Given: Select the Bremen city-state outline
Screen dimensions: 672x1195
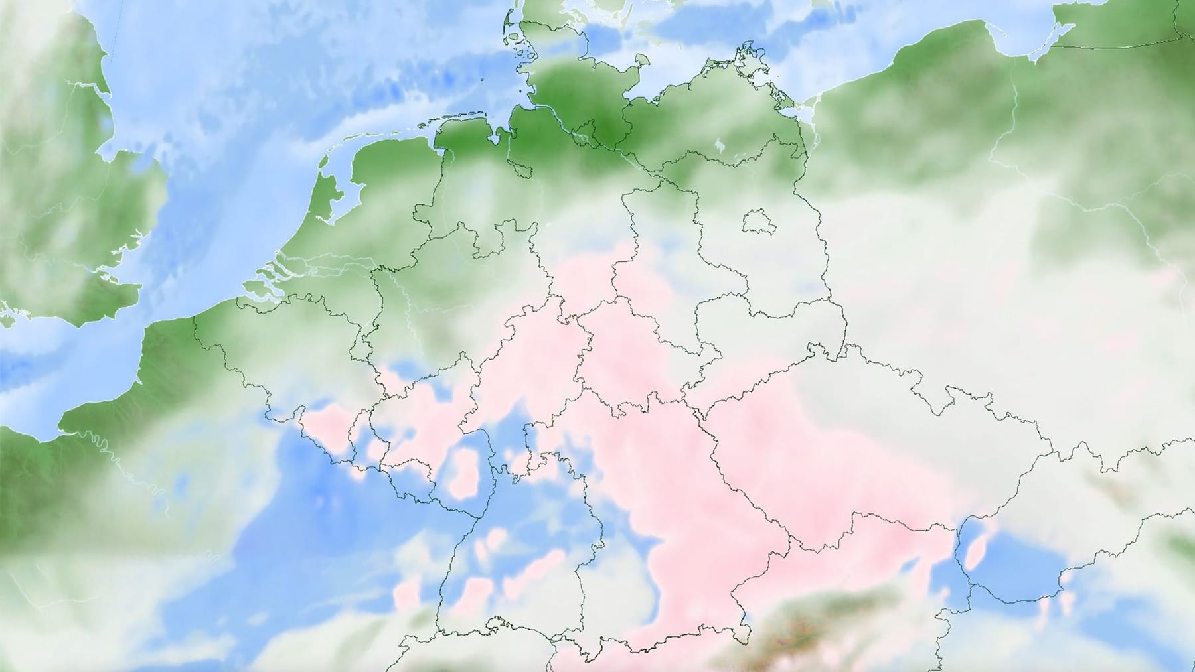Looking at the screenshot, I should pos(523,169).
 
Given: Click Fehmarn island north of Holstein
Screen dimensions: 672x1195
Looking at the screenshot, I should pos(643,62).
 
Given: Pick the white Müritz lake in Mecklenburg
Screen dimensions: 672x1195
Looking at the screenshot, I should pos(720,145).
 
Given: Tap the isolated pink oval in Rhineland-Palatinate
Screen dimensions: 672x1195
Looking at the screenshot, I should pos(467,472).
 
